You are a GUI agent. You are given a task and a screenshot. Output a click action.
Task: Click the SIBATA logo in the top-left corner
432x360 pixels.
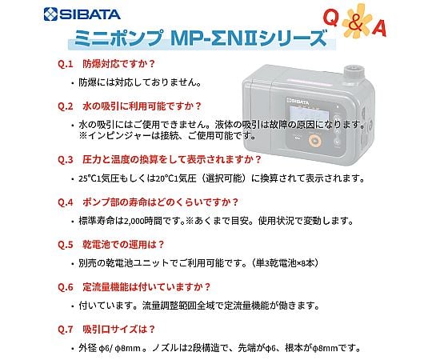(82, 14)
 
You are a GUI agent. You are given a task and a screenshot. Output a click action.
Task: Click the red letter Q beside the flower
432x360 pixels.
(330, 18)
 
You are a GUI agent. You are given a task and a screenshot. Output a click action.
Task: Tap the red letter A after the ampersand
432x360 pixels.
(379, 28)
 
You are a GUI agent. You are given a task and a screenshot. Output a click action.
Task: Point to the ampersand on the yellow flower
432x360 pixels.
(355, 22)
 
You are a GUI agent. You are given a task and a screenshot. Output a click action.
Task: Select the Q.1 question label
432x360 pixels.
(66, 64)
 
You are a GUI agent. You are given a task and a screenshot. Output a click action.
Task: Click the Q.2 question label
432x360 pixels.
(66, 106)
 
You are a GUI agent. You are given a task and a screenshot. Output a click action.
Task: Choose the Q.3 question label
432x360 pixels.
(66, 159)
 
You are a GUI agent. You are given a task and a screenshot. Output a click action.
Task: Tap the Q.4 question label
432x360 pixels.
(66, 202)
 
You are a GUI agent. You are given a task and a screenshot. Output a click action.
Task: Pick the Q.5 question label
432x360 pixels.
(66, 245)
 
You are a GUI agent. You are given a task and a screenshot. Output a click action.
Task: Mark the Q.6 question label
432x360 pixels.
(66, 287)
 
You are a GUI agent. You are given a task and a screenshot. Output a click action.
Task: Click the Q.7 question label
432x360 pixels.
(66, 329)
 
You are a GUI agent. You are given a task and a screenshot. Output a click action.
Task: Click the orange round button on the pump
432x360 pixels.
(315, 141)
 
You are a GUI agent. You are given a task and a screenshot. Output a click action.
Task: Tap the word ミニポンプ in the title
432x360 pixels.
(118, 38)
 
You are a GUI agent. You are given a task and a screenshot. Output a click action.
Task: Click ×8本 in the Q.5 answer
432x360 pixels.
(307, 263)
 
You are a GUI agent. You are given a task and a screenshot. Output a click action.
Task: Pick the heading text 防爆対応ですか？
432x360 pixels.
(119, 64)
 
